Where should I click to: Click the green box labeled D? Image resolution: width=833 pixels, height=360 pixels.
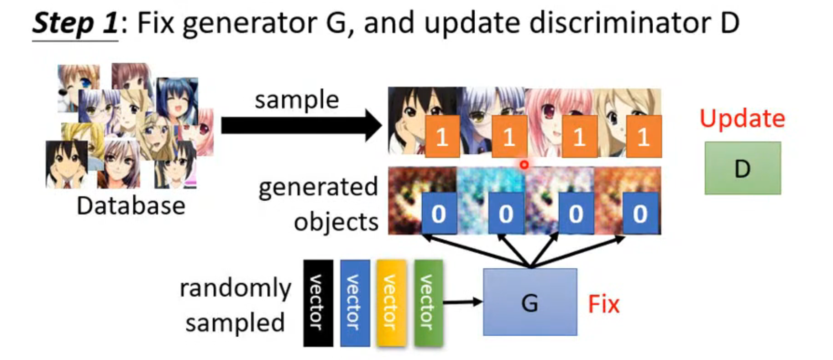tap(742, 168)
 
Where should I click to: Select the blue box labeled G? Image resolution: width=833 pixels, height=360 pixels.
tap(529, 302)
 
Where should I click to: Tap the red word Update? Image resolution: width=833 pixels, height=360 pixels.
tap(742, 119)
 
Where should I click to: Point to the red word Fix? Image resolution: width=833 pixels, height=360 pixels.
tap(603, 304)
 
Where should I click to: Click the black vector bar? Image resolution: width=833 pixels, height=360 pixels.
tap(318, 303)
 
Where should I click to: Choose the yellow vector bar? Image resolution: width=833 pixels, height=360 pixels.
tap(391, 303)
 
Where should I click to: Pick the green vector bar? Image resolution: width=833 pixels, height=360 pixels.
tap(428, 303)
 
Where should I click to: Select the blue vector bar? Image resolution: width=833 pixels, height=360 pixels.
tap(355, 303)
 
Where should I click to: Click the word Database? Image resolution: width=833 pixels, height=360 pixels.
tap(131, 206)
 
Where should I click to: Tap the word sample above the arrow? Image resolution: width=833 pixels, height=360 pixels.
tap(297, 99)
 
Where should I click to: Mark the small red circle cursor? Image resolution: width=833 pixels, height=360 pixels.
tap(524, 165)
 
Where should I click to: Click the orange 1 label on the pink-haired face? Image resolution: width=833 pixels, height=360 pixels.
tap(579, 136)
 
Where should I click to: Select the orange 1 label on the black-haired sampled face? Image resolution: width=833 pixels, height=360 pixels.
tap(442, 136)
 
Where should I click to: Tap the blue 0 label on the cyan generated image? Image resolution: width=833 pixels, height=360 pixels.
tap(506, 213)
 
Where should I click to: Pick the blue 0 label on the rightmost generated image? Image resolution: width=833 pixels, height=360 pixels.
tap(640, 213)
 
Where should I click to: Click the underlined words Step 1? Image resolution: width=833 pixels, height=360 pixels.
tap(75, 23)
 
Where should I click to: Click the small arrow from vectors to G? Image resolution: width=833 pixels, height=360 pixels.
tap(462, 302)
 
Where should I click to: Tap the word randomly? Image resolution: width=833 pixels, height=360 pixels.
tap(235, 288)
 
